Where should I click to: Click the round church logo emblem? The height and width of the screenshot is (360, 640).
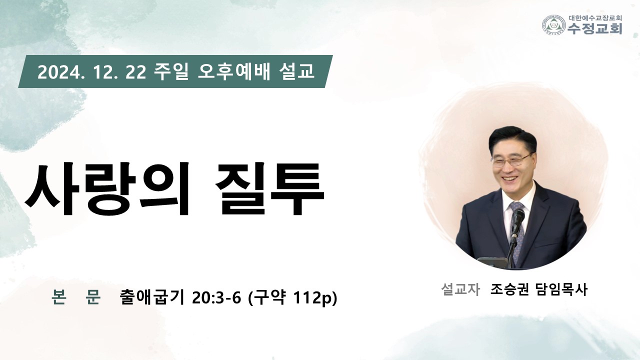554,25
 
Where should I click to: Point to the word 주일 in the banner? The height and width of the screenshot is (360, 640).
170,71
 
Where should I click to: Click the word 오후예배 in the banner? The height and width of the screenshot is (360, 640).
233,71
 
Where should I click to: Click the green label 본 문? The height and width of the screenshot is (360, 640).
76,296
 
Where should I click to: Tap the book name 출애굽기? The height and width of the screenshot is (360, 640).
151,297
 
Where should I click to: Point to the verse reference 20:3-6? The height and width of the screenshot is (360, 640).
217,297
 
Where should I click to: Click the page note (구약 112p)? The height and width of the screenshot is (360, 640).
293,297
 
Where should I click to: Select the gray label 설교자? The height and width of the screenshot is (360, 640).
460,289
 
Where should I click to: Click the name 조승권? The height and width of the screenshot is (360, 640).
509,289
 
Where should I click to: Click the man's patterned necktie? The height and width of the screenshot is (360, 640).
517,228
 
